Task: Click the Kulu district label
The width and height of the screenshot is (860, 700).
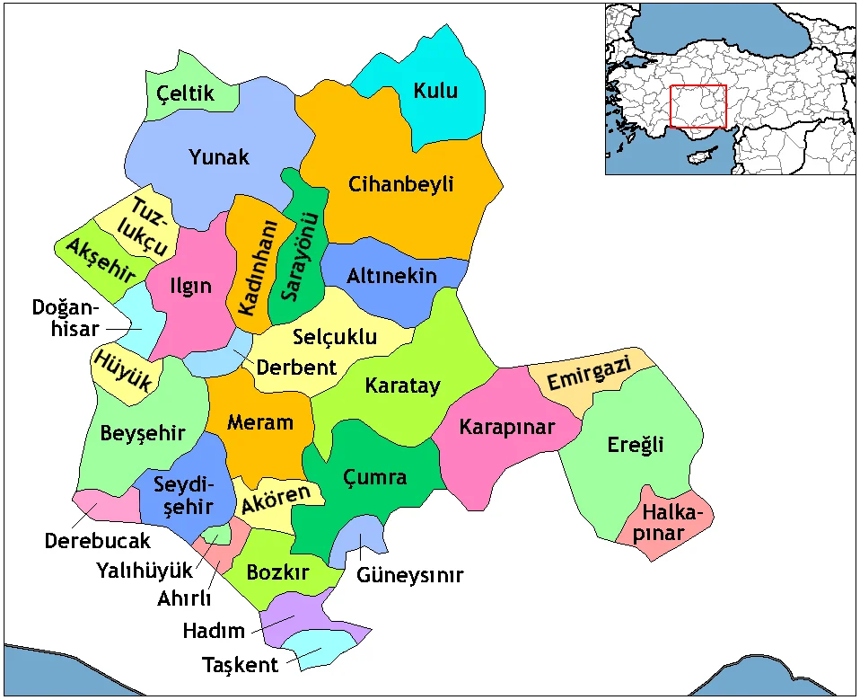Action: (435, 91)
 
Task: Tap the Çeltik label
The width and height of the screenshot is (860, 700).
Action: (186, 93)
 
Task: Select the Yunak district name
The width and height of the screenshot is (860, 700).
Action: (219, 157)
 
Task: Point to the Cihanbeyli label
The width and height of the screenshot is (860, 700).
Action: (401, 185)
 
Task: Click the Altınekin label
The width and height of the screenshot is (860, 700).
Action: (391, 276)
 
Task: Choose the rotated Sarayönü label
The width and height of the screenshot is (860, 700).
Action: (295, 257)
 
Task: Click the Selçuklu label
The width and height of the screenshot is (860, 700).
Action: (335, 338)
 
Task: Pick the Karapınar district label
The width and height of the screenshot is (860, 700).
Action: (507, 427)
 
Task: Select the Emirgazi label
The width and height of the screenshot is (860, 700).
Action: (589, 372)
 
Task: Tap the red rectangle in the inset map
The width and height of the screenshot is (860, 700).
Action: (698, 107)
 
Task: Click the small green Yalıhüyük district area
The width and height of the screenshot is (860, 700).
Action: (213, 537)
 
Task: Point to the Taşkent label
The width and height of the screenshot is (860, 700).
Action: (240, 666)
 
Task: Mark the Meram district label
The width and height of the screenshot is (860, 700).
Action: (260, 422)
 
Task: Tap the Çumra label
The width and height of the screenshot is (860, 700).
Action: (375, 477)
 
